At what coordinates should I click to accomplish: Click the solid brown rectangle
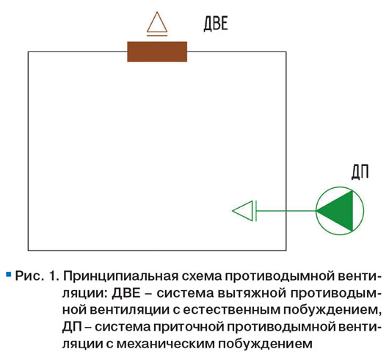click(x=157, y=51)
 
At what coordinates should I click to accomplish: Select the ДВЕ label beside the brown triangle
click(x=216, y=24)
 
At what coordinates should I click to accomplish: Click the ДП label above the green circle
click(x=360, y=172)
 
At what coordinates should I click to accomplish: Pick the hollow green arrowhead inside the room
click(x=243, y=211)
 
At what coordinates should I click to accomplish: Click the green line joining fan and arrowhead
click(x=286, y=211)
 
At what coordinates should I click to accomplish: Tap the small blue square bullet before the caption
click(x=9, y=274)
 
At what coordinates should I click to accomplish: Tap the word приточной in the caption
click(x=188, y=327)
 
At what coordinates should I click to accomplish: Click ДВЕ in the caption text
click(x=126, y=293)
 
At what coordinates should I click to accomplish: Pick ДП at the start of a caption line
click(x=72, y=327)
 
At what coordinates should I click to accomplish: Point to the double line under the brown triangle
click(x=157, y=35)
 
